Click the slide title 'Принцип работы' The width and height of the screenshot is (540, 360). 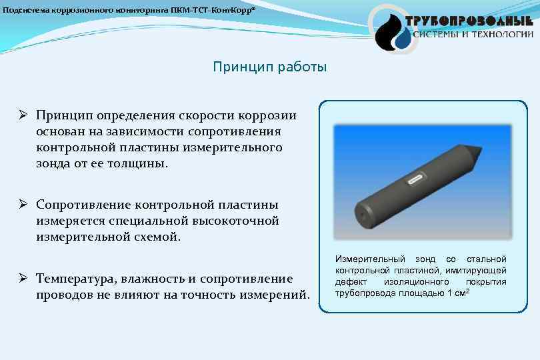270,67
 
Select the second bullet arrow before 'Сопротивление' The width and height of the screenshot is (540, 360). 21,204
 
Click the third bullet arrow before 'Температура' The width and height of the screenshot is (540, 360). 21,278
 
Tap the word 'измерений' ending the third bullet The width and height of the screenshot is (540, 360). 274,294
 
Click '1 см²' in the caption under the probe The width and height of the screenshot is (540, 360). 459,293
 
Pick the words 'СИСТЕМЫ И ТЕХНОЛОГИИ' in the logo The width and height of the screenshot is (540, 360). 473,34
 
